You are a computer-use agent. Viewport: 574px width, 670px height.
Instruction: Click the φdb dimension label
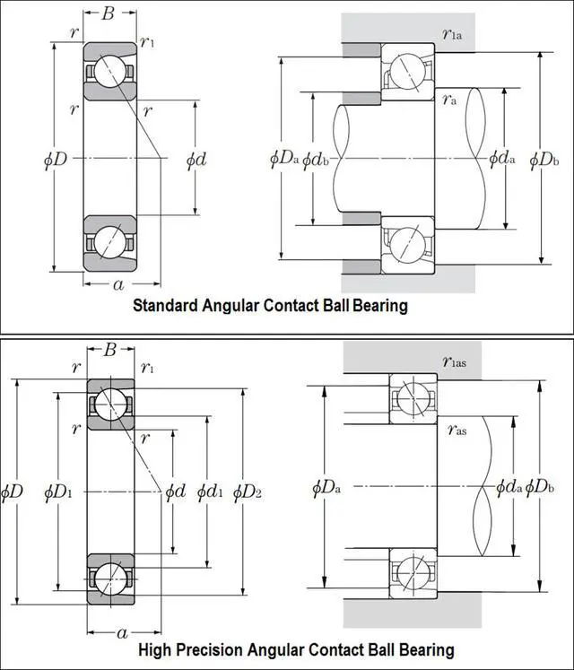click(315, 160)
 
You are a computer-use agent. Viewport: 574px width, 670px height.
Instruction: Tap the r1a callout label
click(452, 35)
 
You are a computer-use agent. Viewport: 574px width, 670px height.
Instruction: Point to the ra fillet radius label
click(449, 100)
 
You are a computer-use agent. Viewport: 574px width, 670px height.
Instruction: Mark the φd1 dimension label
click(208, 491)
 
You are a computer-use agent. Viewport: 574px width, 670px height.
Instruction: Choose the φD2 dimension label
click(247, 491)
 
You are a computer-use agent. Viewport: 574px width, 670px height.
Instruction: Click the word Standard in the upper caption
click(166, 305)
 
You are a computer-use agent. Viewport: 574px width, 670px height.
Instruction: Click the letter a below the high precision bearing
click(123, 633)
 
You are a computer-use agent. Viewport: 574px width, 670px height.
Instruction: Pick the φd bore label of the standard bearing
click(196, 160)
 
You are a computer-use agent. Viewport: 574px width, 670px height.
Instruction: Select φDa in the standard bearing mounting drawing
click(283, 160)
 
